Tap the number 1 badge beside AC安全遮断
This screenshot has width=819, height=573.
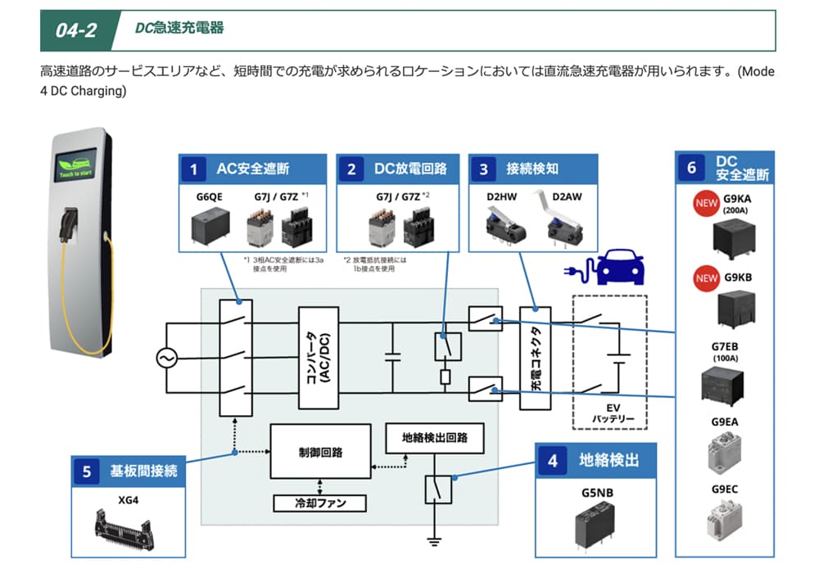(x=193, y=169)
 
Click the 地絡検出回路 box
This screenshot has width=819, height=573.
(x=433, y=439)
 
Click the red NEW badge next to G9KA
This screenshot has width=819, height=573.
(x=706, y=203)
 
